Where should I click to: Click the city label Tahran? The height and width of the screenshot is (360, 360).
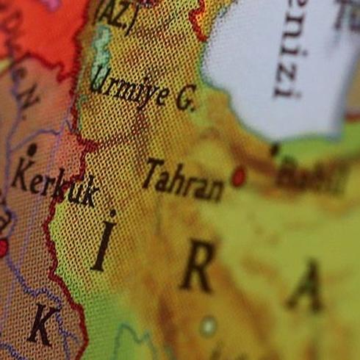click(x=184, y=179)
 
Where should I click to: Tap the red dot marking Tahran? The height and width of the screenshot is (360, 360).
click(x=238, y=176)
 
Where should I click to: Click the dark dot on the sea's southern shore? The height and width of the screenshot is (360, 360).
click(x=274, y=149)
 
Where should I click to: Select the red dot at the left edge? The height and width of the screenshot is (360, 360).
click(x=2, y=247)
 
